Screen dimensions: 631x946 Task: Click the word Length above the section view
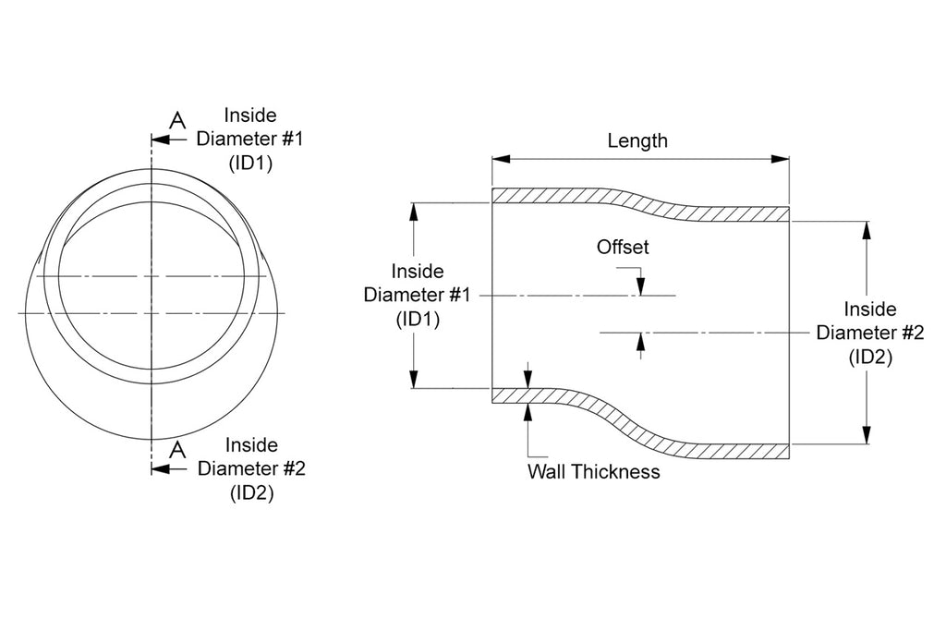pyautogui.click(x=637, y=141)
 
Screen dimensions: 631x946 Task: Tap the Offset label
pyautogui.click(x=623, y=248)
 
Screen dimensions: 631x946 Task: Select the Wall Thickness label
pyautogui.click(x=593, y=471)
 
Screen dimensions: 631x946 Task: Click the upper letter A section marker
pyautogui.click(x=178, y=119)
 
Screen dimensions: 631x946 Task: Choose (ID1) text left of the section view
pyautogui.click(x=418, y=319)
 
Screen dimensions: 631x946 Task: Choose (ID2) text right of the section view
pyautogui.click(x=869, y=357)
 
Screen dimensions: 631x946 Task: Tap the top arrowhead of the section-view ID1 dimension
pyautogui.click(x=415, y=211)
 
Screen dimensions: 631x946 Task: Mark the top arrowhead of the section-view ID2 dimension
pyautogui.click(x=867, y=229)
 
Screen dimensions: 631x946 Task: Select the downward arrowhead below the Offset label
pyautogui.click(x=639, y=287)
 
